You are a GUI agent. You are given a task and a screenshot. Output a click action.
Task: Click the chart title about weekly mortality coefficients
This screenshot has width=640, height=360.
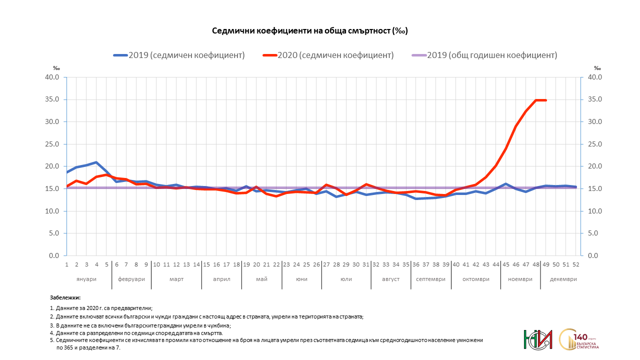click(x=310, y=31)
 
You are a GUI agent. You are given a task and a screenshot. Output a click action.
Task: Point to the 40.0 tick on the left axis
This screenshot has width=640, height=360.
click(x=52, y=77)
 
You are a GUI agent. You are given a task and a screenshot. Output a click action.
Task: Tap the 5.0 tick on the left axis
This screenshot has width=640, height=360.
click(x=54, y=233)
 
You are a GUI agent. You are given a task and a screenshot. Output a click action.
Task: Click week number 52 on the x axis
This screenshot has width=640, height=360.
click(x=575, y=264)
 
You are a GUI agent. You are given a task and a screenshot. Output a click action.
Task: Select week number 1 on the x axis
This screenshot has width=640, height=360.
click(x=66, y=264)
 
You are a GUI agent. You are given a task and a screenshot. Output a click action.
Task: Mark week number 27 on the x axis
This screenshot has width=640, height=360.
click(x=326, y=264)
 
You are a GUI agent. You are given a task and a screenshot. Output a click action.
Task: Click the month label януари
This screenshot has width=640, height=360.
click(x=86, y=279)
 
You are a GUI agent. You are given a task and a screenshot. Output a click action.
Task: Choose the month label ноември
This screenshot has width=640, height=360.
click(x=520, y=279)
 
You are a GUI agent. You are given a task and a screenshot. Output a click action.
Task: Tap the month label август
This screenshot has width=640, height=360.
click(x=391, y=279)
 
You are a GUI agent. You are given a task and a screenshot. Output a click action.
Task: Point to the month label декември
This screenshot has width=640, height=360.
click(x=562, y=279)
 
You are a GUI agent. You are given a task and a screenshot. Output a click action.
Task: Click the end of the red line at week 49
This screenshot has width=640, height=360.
click(x=545, y=100)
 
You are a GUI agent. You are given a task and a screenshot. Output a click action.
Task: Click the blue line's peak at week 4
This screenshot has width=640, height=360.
click(x=96, y=162)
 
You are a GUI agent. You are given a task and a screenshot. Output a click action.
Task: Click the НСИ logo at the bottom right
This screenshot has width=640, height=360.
click(x=537, y=340)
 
